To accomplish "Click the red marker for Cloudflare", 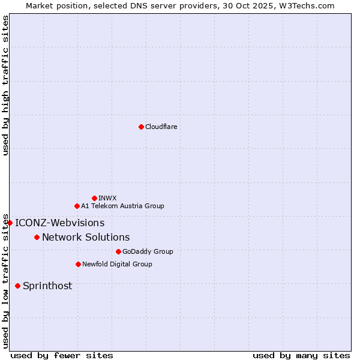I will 141,127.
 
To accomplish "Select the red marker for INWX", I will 94,198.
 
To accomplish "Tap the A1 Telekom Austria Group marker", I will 77,206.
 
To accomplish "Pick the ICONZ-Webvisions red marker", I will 10,223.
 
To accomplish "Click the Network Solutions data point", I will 37,237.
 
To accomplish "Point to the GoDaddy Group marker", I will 118,251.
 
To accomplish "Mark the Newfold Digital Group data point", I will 78,264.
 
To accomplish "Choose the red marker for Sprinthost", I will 17,286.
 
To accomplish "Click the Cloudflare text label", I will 161,127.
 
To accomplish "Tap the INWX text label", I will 108,198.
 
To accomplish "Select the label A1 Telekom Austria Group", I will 122,206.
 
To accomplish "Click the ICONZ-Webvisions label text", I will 60,223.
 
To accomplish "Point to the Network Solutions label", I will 86,238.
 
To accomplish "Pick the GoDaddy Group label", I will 148,251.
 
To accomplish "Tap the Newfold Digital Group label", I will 117,264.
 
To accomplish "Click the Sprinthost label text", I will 47,286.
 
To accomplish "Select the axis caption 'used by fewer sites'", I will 62,355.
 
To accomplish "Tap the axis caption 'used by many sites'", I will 301,355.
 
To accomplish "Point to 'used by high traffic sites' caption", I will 5,85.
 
